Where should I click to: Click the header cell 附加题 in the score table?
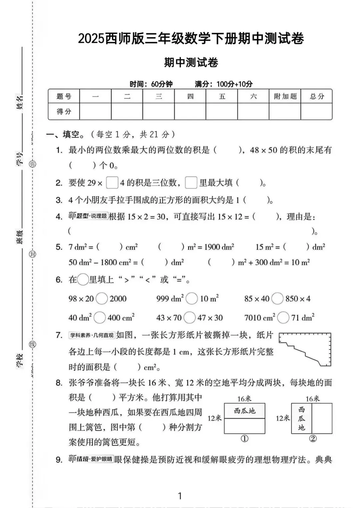pos(285,96)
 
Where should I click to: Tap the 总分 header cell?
pos(317,96)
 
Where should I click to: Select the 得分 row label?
pos(64,112)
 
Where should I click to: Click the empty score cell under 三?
pos(159,112)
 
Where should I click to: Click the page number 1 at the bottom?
pos(180,496)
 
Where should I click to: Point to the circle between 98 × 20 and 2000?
pos(102,298)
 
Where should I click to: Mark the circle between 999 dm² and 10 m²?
pos(192,298)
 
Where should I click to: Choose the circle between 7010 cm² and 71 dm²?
pos(283,317)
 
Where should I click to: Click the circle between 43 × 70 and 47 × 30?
pos(189,317)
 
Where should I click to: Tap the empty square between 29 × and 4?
pos(112,183)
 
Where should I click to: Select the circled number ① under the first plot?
pos(244,439)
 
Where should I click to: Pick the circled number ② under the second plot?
pos(313,439)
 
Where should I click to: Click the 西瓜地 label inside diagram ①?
pos(244,411)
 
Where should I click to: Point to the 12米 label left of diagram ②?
pos(283,418)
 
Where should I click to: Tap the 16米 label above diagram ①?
pos(244,399)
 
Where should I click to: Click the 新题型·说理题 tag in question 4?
pos(88,216)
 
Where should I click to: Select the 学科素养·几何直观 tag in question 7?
pos(92,335)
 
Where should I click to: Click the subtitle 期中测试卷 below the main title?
pos(191,63)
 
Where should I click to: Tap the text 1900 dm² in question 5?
pos(219,247)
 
